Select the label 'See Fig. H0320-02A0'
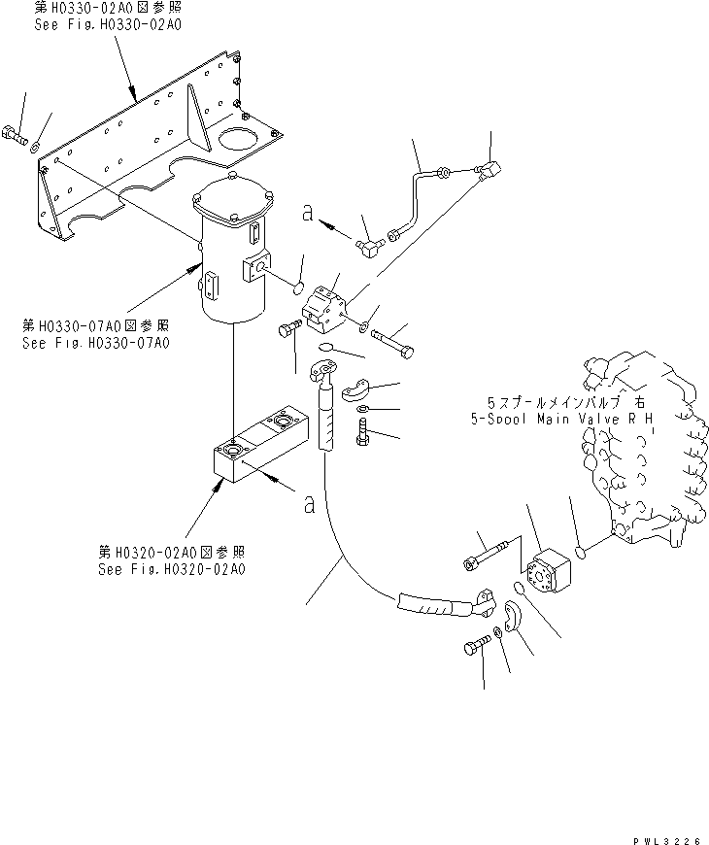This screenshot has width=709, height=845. click(171, 569)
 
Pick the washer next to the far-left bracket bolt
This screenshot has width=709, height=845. click(35, 147)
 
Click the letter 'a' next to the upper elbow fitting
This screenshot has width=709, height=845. click(307, 216)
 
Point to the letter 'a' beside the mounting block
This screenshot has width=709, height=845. click(308, 503)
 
